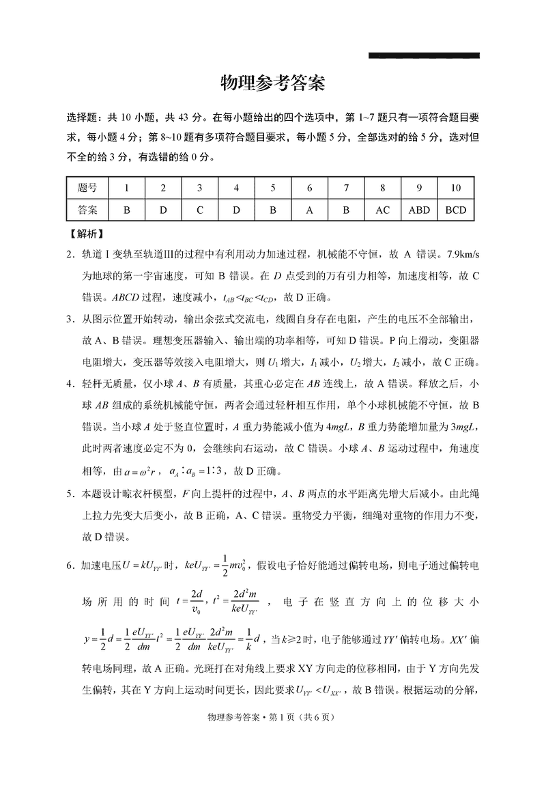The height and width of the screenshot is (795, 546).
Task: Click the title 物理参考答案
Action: (x=272, y=84)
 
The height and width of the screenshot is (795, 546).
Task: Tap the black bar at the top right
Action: (x=424, y=55)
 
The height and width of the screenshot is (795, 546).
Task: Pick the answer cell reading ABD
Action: (x=418, y=210)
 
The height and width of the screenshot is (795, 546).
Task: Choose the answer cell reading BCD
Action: (x=455, y=210)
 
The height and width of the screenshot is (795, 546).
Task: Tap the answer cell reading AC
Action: (x=382, y=210)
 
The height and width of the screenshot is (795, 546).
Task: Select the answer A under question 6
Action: (x=309, y=210)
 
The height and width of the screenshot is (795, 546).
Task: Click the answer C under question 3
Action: (x=199, y=210)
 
